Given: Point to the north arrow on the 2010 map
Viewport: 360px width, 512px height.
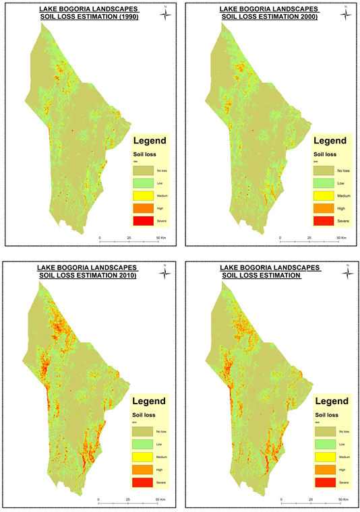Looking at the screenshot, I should point(165,272).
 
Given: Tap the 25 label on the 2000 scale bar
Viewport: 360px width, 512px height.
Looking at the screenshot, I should point(309,238).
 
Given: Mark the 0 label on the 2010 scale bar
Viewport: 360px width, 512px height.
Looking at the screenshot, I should point(98,499).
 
